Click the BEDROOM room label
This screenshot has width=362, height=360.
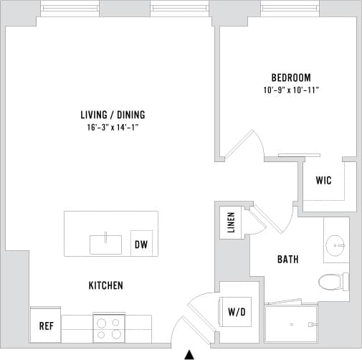click(x=290, y=77)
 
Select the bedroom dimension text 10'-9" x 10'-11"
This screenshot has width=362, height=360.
click(x=290, y=90)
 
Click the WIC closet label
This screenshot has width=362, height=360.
click(x=323, y=181)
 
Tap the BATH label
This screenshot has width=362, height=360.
click(x=288, y=260)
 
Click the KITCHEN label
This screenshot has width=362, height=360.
click(x=105, y=285)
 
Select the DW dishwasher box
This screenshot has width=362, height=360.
click(x=140, y=244)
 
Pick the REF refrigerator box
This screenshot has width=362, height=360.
click(x=46, y=326)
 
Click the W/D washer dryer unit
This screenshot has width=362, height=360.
click(x=237, y=312)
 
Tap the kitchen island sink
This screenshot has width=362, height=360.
click(x=105, y=244)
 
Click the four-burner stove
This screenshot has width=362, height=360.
click(x=108, y=328)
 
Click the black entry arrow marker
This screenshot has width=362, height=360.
click(x=189, y=354)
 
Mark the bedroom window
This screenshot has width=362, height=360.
click(x=290, y=9)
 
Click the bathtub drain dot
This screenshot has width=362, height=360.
click(x=292, y=325)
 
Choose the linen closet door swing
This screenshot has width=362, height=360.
click(x=257, y=219)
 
